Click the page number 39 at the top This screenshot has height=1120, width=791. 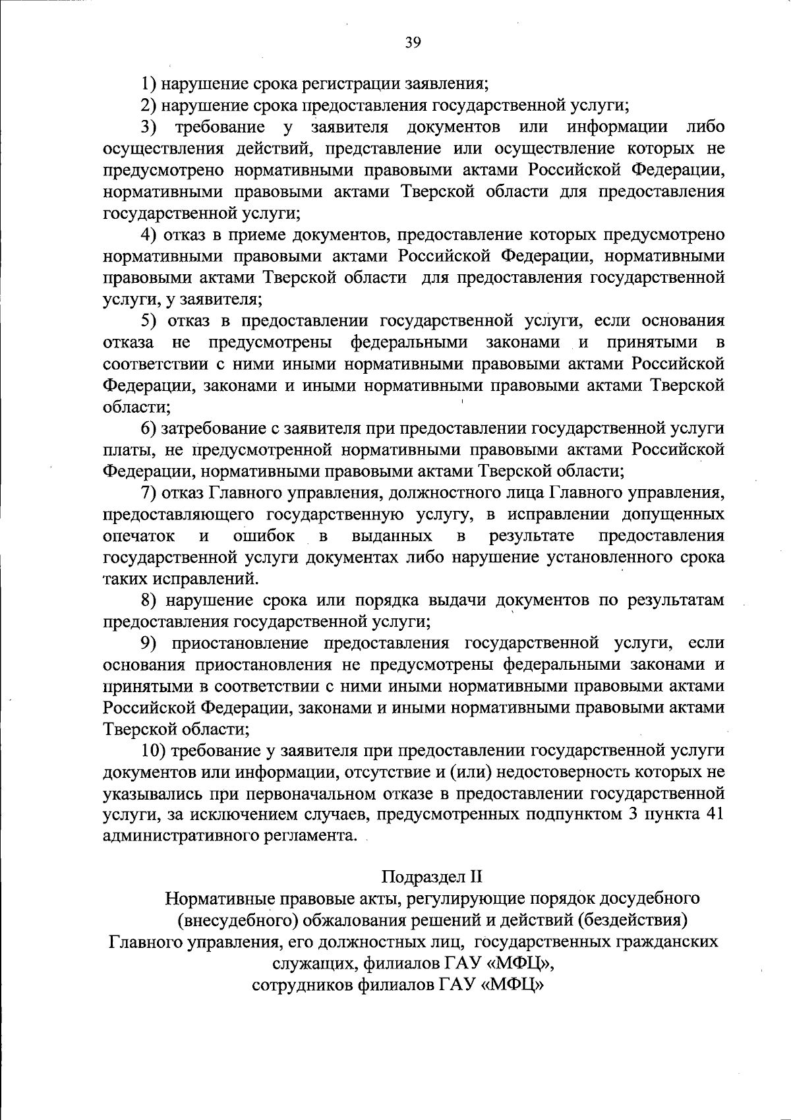click(413, 43)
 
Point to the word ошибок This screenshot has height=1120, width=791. click(264, 536)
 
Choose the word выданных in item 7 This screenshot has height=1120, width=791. click(392, 536)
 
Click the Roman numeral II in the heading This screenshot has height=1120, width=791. click(476, 877)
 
